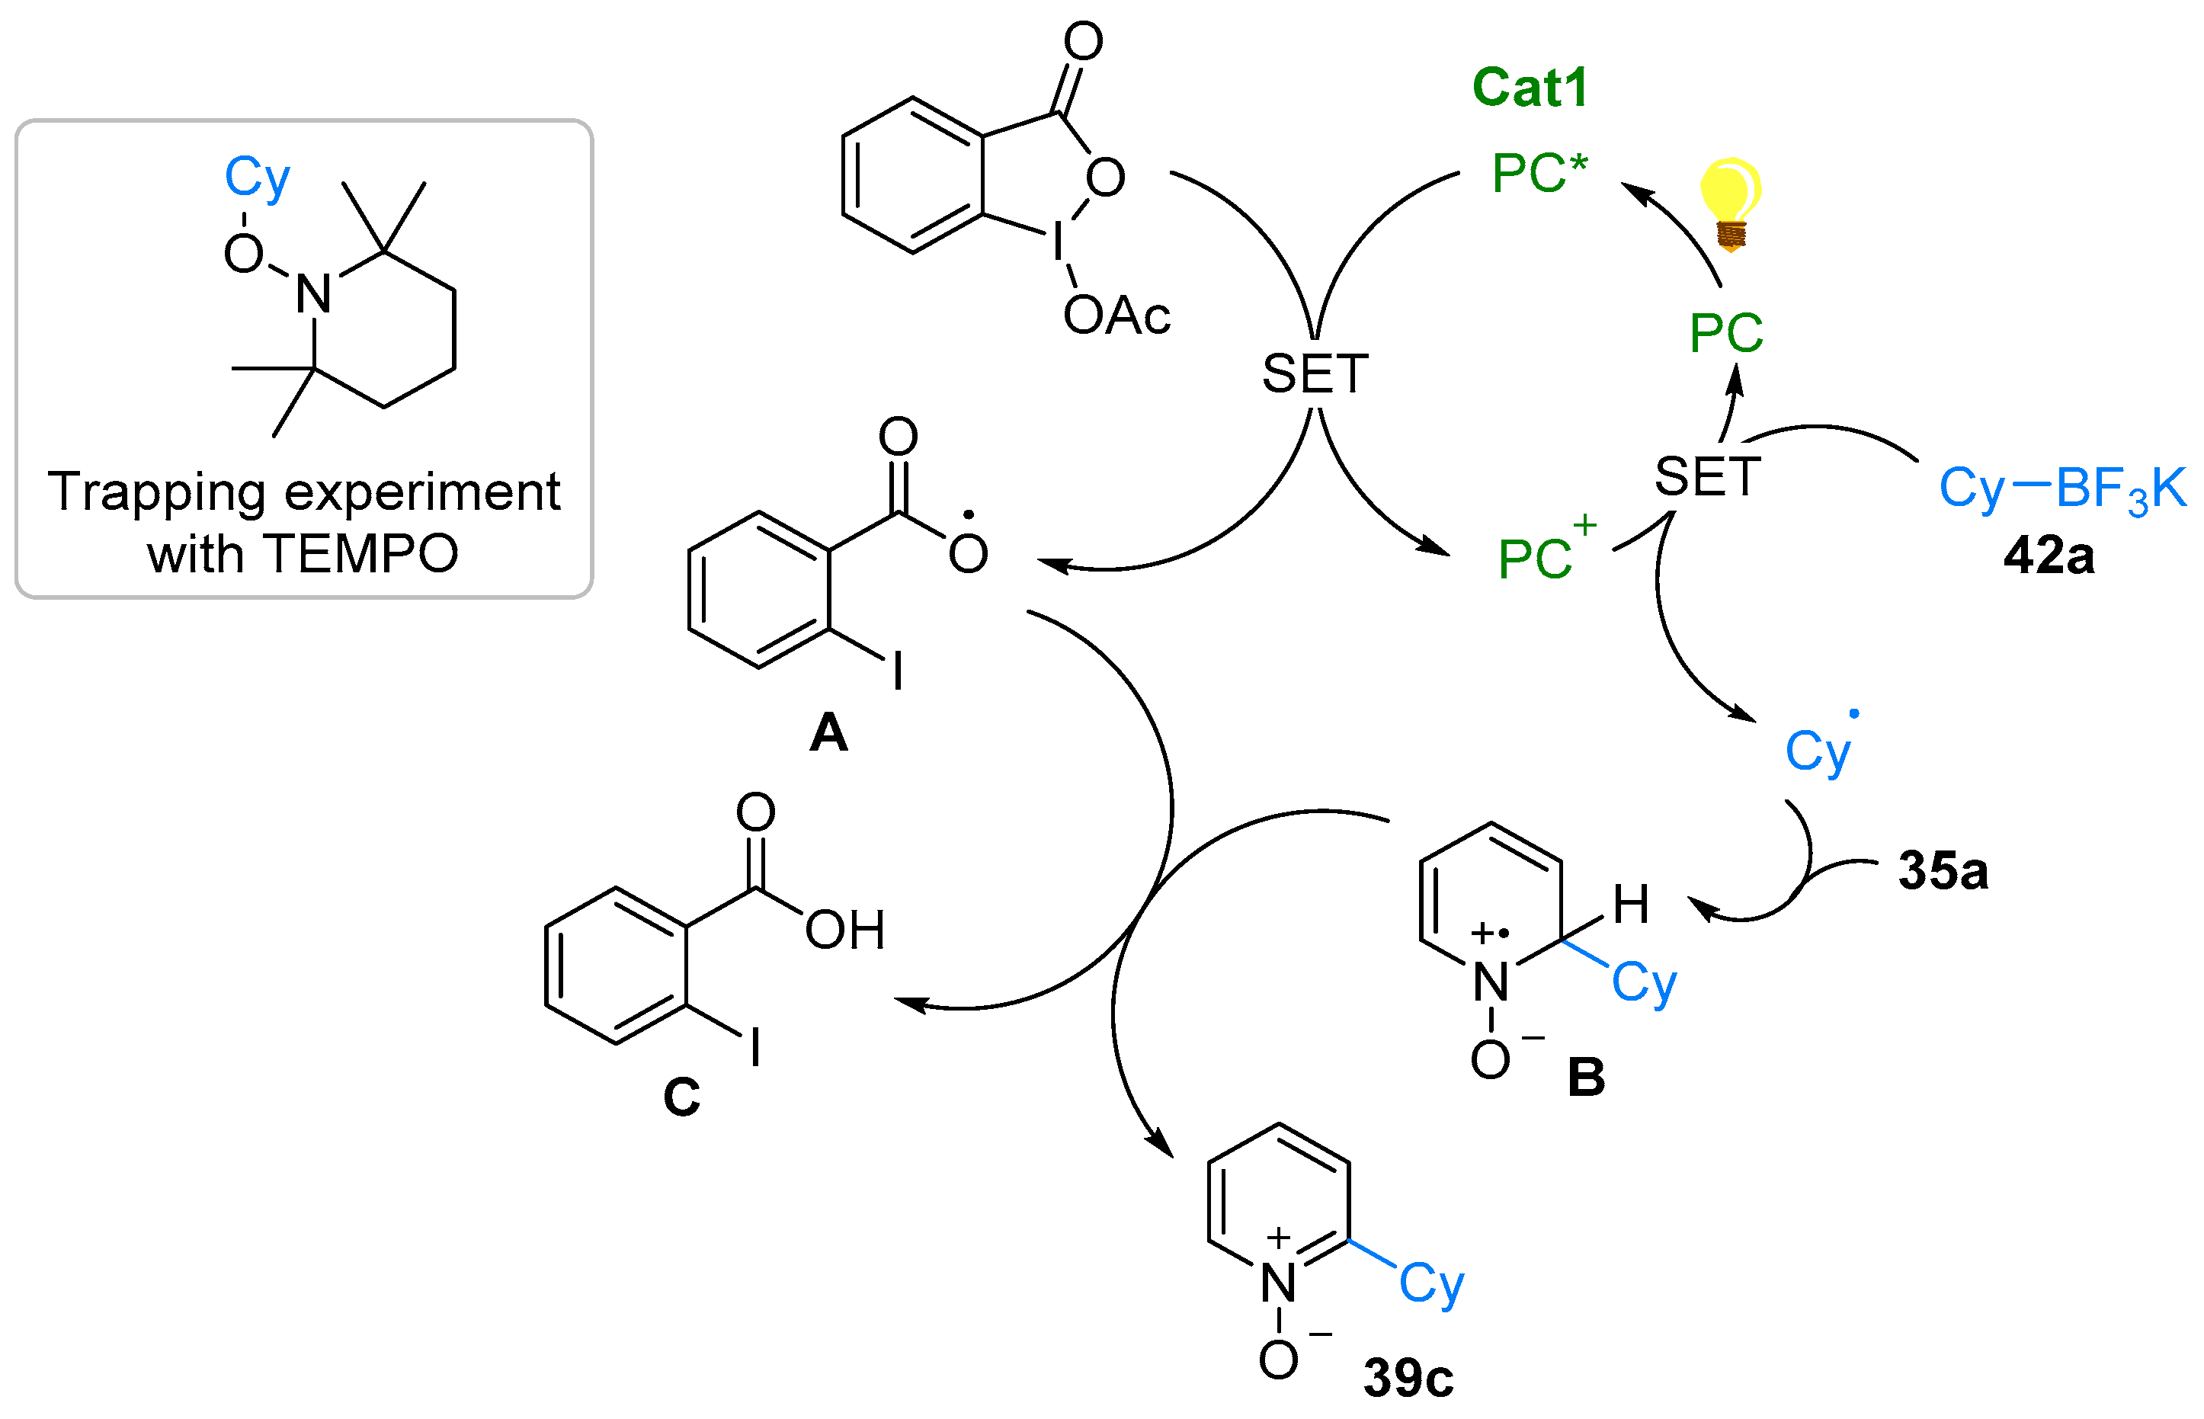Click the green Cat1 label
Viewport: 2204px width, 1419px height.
pyautogui.click(x=1530, y=88)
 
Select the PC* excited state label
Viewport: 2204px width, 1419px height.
pyautogui.click(x=1539, y=173)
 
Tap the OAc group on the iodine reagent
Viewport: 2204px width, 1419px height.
pyautogui.click(x=1116, y=316)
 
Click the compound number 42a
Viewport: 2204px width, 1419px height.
pyautogui.click(x=2049, y=556)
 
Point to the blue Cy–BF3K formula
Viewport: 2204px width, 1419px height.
pyautogui.click(x=2061, y=488)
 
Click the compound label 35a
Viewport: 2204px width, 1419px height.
pyautogui.click(x=1943, y=871)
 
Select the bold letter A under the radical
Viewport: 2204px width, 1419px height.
pyautogui.click(x=828, y=733)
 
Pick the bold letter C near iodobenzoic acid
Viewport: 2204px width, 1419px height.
pyautogui.click(x=682, y=1097)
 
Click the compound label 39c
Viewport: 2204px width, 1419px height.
pyautogui.click(x=1408, y=1378)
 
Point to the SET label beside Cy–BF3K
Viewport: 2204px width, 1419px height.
pyautogui.click(x=1706, y=477)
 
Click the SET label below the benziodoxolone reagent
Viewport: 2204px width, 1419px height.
pyautogui.click(x=1314, y=374)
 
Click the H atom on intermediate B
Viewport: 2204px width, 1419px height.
pyautogui.click(x=1630, y=904)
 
